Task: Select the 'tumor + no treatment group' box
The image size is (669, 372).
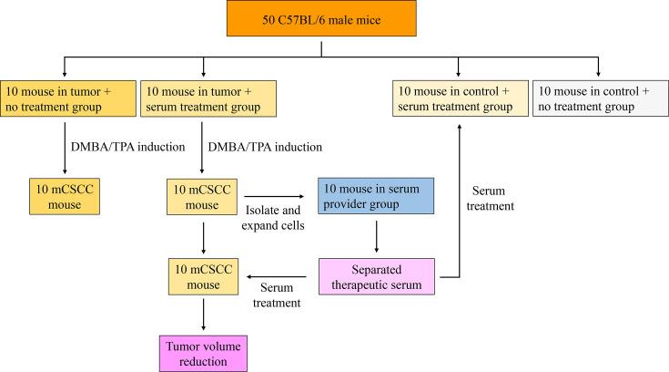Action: pyautogui.click(x=67, y=98)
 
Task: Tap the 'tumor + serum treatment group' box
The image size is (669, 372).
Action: pyautogui.click(x=201, y=98)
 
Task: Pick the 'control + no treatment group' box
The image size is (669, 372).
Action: pyautogui.click(x=598, y=98)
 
